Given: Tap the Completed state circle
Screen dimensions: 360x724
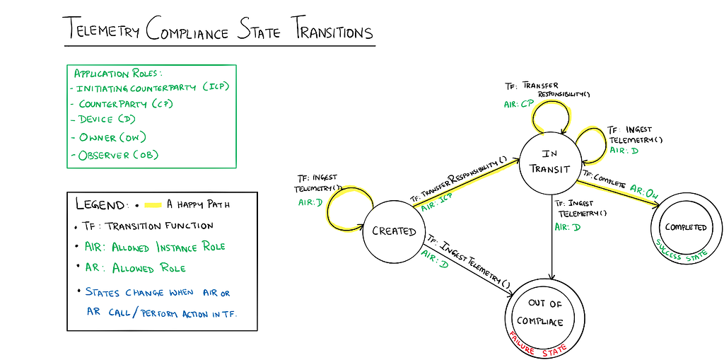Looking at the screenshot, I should [685, 228].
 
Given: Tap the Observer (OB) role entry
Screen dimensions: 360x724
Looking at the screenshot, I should [117, 155].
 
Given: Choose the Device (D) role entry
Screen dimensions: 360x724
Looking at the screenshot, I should [107, 120].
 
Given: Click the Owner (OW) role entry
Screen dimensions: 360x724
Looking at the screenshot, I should [112, 137].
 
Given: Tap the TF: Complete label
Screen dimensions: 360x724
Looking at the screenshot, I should [604, 179].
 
